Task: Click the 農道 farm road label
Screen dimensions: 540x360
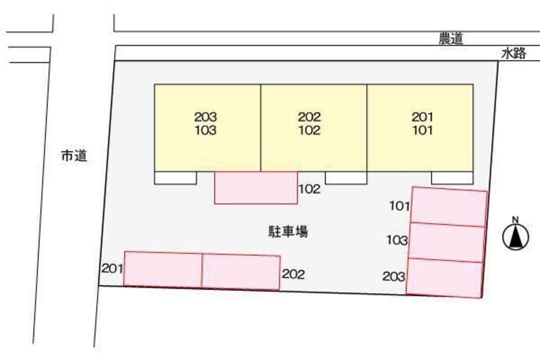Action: [450, 39]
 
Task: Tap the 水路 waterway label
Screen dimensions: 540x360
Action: [513, 53]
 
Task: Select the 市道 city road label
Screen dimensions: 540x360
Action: [74, 156]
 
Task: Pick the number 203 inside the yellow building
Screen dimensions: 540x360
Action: [205, 117]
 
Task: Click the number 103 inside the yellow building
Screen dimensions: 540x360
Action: [205, 130]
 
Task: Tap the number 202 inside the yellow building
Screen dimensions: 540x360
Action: [309, 117]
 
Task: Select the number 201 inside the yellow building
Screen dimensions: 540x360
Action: [422, 117]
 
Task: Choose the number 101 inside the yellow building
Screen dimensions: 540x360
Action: [422, 130]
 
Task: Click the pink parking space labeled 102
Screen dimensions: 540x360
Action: [256, 187]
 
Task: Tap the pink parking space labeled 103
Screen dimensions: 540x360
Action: [446, 242]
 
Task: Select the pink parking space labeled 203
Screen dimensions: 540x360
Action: [444, 277]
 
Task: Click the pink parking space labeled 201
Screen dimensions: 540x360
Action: [163, 269]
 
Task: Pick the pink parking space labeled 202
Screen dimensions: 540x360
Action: [241, 272]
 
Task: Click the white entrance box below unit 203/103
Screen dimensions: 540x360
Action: [175, 177]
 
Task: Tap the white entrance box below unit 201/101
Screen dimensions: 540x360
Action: [452, 177]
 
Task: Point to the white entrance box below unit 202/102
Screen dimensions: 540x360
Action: [346, 177]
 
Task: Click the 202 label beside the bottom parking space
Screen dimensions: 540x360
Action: [293, 274]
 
